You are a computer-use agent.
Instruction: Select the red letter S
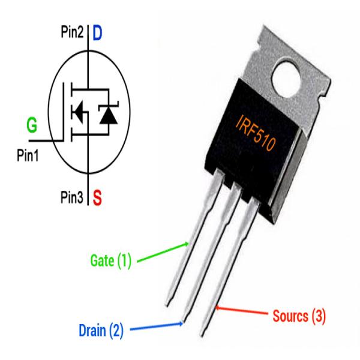click(97, 196)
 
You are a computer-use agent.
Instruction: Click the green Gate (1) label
click(110, 261)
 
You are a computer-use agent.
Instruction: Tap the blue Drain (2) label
click(102, 330)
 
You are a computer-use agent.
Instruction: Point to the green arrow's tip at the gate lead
click(188, 244)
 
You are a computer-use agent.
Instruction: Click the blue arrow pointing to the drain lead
click(156, 327)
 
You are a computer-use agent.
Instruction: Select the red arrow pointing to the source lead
click(240, 312)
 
